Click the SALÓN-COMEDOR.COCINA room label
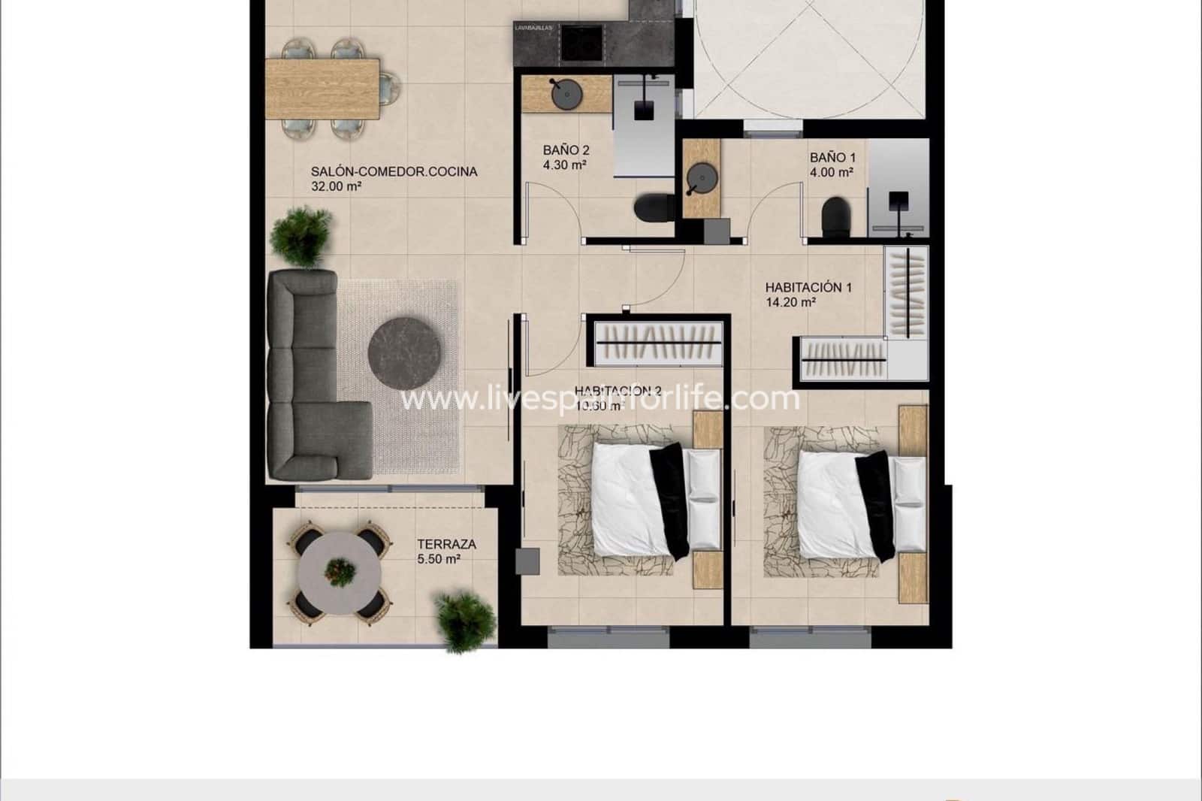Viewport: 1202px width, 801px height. pos(394,171)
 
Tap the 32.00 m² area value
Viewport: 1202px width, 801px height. pos(337,186)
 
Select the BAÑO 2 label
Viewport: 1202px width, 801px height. pos(561,150)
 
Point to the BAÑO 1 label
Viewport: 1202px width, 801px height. pos(832,158)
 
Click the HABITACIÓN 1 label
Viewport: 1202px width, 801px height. pos(808,287)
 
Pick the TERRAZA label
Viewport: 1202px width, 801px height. pos(446,544)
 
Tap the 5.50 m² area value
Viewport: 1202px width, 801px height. pos(439,559)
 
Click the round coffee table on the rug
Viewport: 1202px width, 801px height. pos(405,352)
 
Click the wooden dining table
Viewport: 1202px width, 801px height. pos(323,89)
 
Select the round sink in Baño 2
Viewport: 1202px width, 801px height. pos(565,95)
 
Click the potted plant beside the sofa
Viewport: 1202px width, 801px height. pos(301,236)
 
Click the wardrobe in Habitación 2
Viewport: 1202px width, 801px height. pos(658,343)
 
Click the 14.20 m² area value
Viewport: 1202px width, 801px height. pos(790,303)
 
